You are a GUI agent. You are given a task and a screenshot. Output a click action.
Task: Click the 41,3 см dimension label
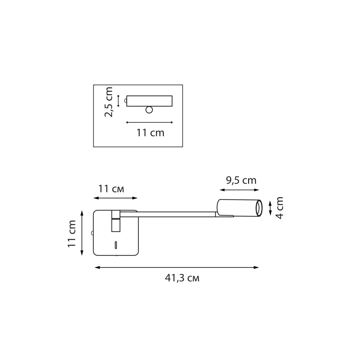(x=182, y=278)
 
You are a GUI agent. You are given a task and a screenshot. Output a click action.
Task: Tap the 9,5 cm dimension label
(x=241, y=180)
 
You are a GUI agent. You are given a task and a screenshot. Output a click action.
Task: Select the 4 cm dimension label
(x=279, y=208)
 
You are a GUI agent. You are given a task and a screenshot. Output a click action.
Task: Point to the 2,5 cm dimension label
(x=108, y=102)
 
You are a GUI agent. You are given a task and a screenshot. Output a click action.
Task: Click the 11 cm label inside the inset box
(x=150, y=132)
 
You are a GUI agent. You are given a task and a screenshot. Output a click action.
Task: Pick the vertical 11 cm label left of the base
(x=72, y=234)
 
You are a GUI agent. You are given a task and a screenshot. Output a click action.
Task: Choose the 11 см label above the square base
(x=111, y=189)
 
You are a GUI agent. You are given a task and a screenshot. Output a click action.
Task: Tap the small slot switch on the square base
(x=115, y=245)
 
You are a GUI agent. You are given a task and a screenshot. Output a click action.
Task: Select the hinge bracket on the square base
(x=115, y=221)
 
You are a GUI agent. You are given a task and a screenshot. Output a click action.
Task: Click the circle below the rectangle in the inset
(x=149, y=110)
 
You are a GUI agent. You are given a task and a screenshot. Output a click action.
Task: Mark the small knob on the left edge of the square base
(x=92, y=233)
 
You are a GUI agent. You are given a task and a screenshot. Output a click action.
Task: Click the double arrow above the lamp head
(x=239, y=190)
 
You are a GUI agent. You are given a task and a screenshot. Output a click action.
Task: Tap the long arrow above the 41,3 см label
(x=177, y=267)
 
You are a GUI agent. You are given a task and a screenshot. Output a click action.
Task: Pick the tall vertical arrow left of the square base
(x=82, y=233)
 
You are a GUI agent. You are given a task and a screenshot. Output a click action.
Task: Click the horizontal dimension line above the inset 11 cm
(x=149, y=122)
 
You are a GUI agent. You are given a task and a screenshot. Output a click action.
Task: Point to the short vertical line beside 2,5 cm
(x=118, y=101)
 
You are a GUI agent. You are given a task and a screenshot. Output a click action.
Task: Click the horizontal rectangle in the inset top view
(x=149, y=101)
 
